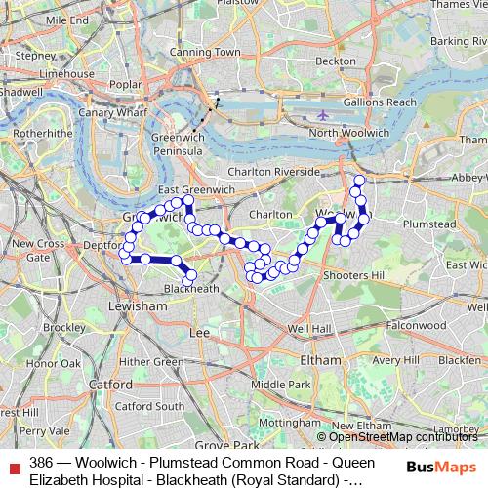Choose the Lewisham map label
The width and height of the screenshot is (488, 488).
click(140, 305)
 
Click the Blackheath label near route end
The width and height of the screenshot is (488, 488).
click(191, 289)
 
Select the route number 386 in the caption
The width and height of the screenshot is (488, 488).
click(42, 462)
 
